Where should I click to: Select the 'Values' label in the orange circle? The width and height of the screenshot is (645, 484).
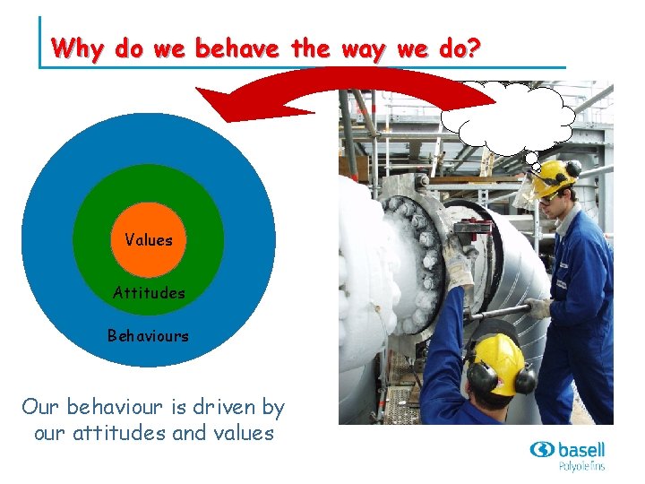149,239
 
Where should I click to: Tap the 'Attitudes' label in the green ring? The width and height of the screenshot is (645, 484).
149,292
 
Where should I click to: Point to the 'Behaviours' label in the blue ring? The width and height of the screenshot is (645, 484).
149,336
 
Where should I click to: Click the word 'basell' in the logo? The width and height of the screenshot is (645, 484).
580,449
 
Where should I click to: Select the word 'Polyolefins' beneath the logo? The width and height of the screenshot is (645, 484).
581,466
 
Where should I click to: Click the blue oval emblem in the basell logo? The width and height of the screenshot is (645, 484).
542,450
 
